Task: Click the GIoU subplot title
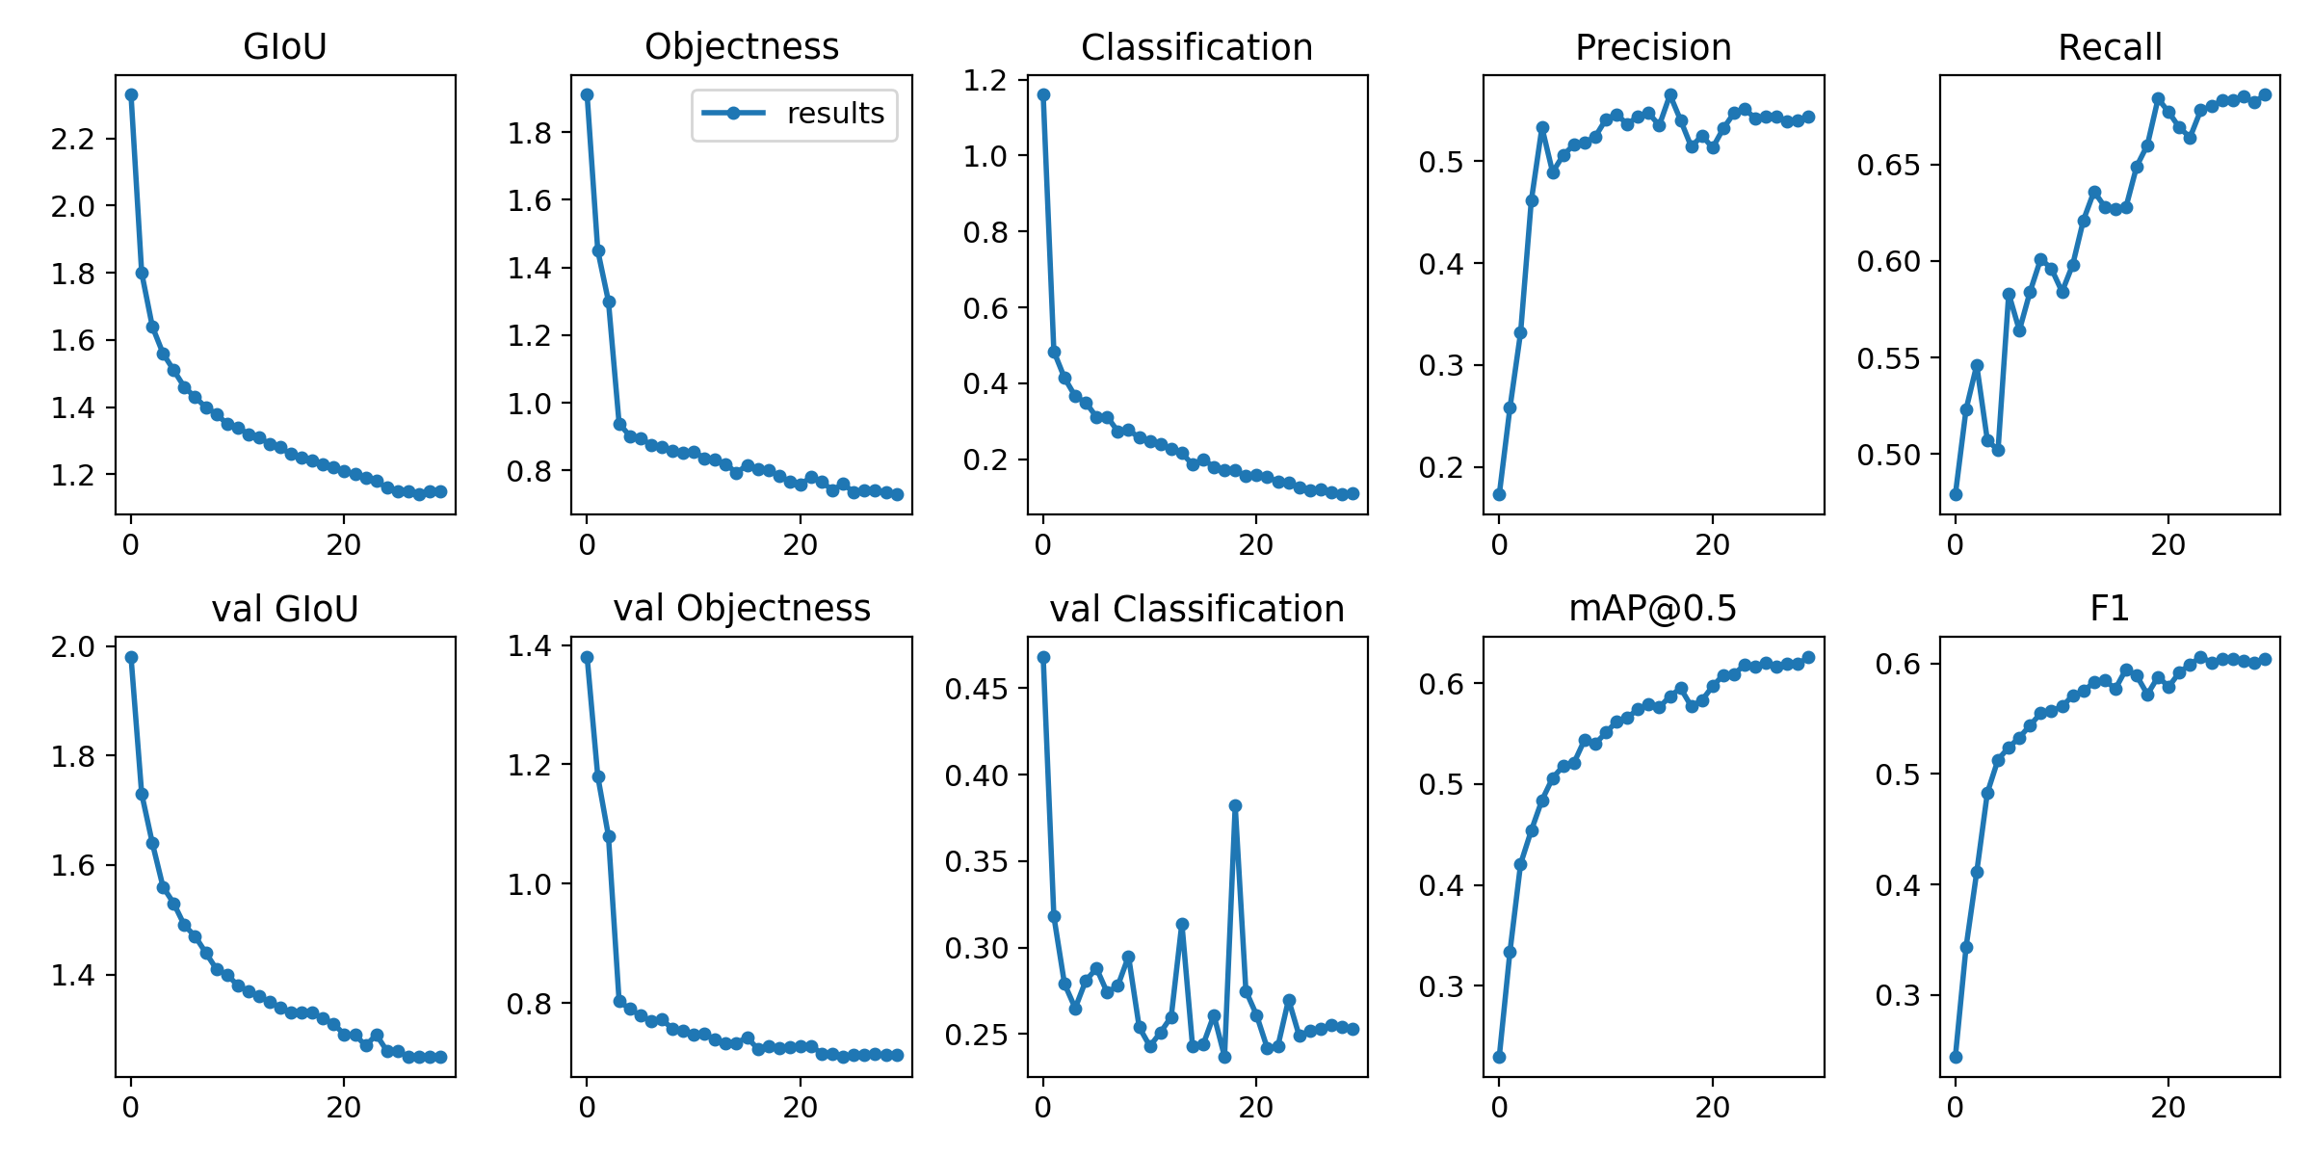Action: tap(285, 46)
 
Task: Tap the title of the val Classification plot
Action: tap(1196, 609)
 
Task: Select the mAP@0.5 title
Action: tap(1652, 608)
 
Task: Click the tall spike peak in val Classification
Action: tap(1235, 805)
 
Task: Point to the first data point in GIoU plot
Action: tap(131, 94)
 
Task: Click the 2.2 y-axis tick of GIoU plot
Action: tap(73, 140)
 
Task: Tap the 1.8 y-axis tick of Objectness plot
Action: tap(530, 133)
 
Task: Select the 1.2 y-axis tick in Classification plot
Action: tap(985, 80)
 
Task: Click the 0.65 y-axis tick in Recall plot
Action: tap(1888, 166)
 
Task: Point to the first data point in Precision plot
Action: tap(1499, 494)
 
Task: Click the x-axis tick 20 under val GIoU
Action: tap(344, 1108)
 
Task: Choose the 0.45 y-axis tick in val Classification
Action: tap(976, 690)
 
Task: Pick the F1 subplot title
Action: tap(2109, 608)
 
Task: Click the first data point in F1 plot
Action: tap(1956, 1057)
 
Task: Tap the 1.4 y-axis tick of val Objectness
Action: tap(530, 646)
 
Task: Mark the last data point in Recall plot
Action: tap(2265, 94)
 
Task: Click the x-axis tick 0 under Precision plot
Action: tap(1499, 545)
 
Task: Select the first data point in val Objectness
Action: tap(587, 657)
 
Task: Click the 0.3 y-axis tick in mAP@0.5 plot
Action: tap(1441, 986)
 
